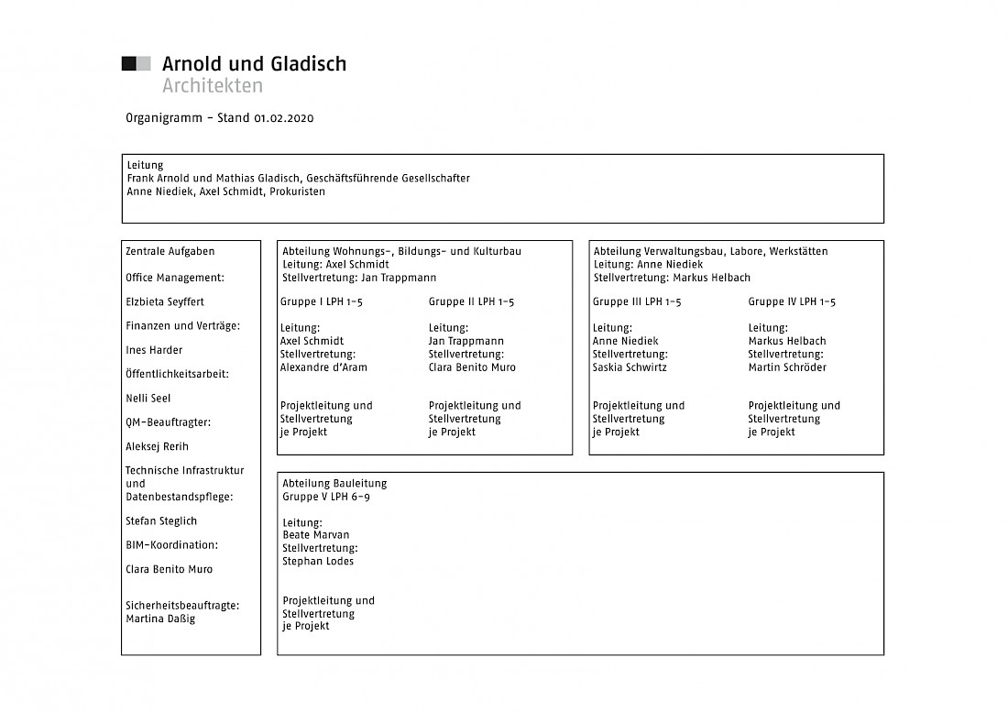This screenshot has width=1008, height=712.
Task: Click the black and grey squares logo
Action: pyautogui.click(x=136, y=63)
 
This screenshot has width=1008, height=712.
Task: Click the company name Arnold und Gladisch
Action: pyautogui.click(x=254, y=64)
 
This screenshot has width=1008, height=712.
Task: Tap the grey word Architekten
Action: pyautogui.click(x=212, y=86)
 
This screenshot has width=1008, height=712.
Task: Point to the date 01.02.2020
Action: pyautogui.click(x=284, y=118)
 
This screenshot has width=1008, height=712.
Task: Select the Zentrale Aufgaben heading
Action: pyautogui.click(x=170, y=251)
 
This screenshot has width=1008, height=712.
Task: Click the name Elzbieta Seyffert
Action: pyautogui.click(x=165, y=301)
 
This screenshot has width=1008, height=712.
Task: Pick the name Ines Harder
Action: pyautogui.click(x=154, y=350)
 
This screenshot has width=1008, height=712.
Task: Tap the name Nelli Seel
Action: pyautogui.click(x=148, y=399)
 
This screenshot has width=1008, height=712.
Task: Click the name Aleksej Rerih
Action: pyautogui.click(x=156, y=447)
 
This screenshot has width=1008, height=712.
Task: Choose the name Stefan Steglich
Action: pyautogui.click(x=161, y=521)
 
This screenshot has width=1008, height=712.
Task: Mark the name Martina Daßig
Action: pyautogui.click(x=160, y=619)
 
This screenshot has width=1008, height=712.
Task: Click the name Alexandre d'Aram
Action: pyautogui.click(x=324, y=367)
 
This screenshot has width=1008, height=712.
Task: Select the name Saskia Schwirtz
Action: pyautogui.click(x=630, y=367)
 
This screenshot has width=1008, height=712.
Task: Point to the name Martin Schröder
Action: pyautogui.click(x=787, y=367)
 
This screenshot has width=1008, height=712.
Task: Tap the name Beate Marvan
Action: pyautogui.click(x=316, y=535)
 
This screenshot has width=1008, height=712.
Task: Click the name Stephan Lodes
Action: pyautogui.click(x=318, y=561)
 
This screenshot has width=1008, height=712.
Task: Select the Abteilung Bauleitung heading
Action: pyautogui.click(x=334, y=484)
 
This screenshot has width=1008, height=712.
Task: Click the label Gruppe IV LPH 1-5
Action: pyautogui.click(x=792, y=302)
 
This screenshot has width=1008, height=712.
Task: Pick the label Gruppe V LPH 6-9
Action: pyautogui.click(x=326, y=497)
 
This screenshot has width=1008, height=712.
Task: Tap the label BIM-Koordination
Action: pyautogui.click(x=171, y=545)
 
